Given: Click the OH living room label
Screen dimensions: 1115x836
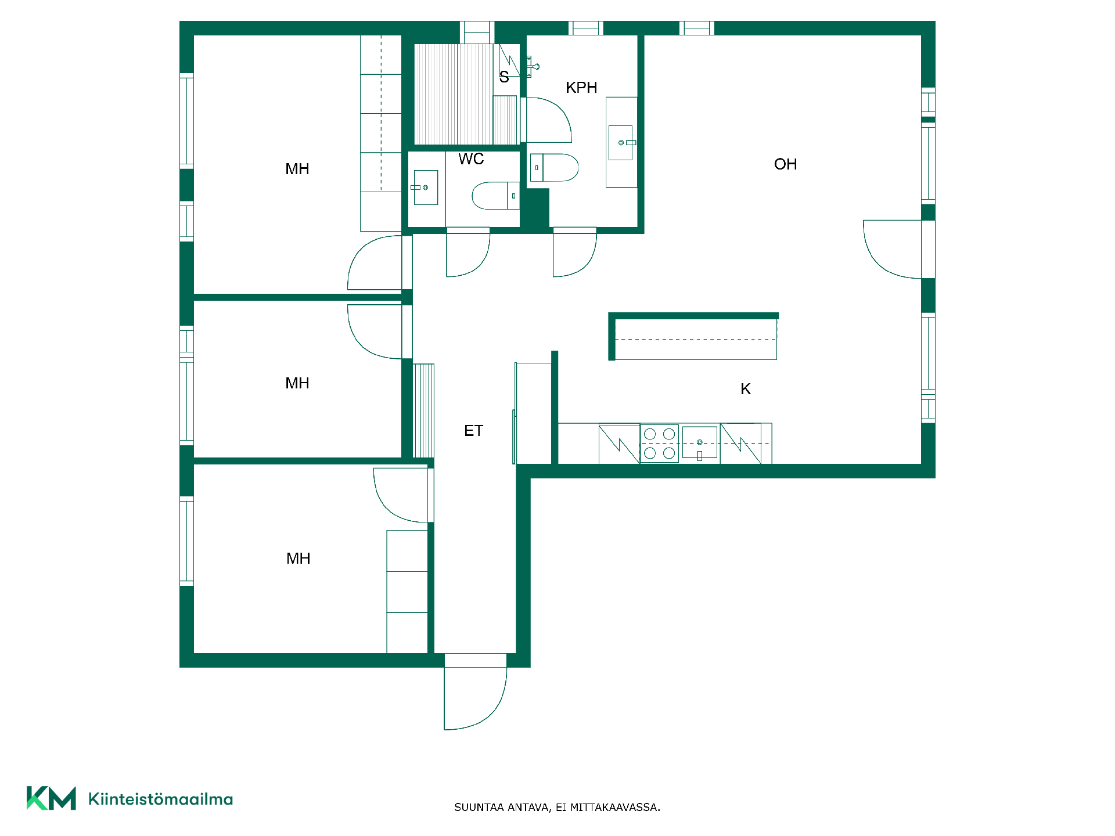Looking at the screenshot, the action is pos(785,164).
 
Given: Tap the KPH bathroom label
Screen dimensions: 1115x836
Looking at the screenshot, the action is pos(581,88).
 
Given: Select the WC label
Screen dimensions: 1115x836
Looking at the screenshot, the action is pos(471,159).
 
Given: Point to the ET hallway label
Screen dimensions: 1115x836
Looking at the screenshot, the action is pos(473,431).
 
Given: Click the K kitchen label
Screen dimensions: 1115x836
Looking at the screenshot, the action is pos(746,389).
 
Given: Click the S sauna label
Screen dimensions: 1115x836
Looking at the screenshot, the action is pos(504,77).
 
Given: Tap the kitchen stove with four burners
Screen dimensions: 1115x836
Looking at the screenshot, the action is pos(660,444).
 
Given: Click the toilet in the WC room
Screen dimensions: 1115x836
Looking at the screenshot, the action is pos(495,196).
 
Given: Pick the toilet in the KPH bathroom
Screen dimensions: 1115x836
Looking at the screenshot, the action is pos(555,168).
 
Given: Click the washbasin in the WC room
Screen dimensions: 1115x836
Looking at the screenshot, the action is pos(426,188).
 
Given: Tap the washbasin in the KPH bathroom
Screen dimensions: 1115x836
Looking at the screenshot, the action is pos(621,142).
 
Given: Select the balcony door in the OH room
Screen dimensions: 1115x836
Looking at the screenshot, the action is pos(893,250).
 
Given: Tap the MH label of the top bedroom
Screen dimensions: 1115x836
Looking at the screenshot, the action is pos(297,169).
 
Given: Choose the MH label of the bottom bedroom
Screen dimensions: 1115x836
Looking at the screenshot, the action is pos(298,558).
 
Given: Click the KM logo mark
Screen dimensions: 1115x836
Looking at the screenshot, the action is pos(51,798).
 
